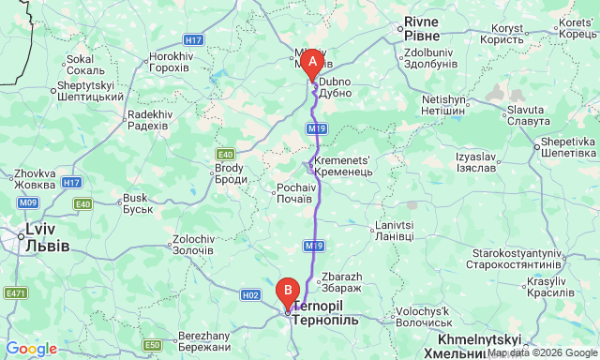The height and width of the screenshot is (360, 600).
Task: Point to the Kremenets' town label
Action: [345, 166]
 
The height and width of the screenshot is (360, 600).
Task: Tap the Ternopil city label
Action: [326, 313]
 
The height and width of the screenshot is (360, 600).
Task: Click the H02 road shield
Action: [250, 294]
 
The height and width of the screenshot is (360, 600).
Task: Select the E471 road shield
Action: [15, 293]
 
